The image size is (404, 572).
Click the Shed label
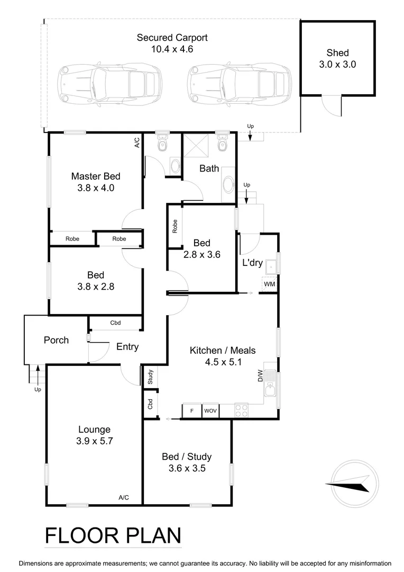(337, 52)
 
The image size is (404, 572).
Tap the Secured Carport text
(172, 38)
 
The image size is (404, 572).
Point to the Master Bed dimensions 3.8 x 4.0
(95, 187)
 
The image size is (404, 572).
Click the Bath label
(209, 169)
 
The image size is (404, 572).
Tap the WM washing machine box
(269, 284)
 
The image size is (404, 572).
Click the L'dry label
(252, 263)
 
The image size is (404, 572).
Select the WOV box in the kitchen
(210, 410)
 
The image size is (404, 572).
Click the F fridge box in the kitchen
(191, 410)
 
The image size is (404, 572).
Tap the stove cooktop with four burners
(241, 410)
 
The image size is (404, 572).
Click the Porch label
(56, 340)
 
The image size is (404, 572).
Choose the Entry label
(127, 347)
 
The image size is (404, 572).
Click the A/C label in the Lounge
(124, 497)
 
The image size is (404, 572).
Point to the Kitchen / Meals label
(223, 351)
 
